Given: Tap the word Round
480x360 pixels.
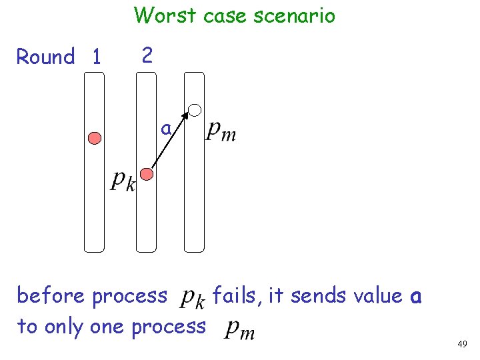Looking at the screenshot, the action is (x=45, y=57).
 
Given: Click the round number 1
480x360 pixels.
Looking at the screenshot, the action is (x=97, y=58).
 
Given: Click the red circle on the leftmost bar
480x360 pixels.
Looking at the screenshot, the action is (x=95, y=138).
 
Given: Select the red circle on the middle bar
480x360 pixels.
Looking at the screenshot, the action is (x=147, y=174).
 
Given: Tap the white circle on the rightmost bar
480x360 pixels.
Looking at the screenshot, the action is (x=195, y=109).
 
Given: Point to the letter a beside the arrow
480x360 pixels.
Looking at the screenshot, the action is (x=165, y=127).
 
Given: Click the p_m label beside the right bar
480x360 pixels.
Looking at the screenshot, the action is (x=221, y=131).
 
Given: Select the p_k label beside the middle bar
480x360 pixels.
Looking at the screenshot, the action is (x=123, y=180).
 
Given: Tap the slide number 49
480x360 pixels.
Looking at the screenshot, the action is (x=462, y=344).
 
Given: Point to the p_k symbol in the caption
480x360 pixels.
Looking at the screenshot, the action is (x=194, y=298).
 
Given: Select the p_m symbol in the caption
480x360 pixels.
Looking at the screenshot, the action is (x=239, y=329).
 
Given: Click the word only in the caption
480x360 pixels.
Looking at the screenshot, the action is (x=63, y=326).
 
